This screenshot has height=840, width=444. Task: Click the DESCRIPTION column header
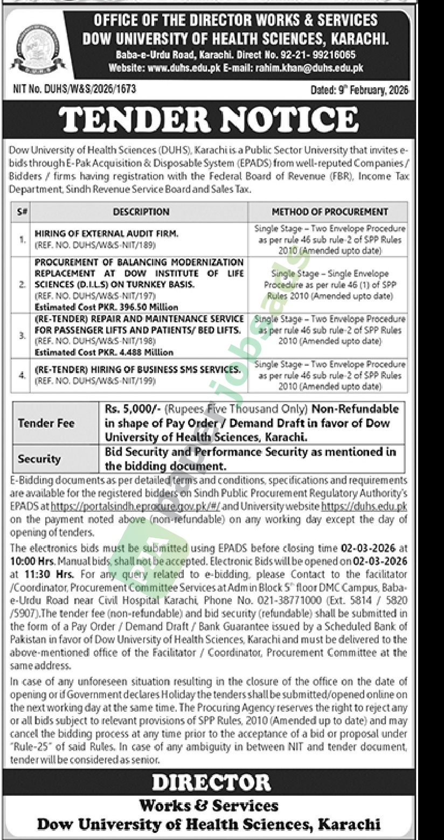(141, 212)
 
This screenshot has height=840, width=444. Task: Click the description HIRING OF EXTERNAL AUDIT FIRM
(99, 234)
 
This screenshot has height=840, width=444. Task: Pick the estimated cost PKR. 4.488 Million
(104, 352)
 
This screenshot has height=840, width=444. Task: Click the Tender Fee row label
(46, 423)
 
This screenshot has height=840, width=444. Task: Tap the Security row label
(39, 459)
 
